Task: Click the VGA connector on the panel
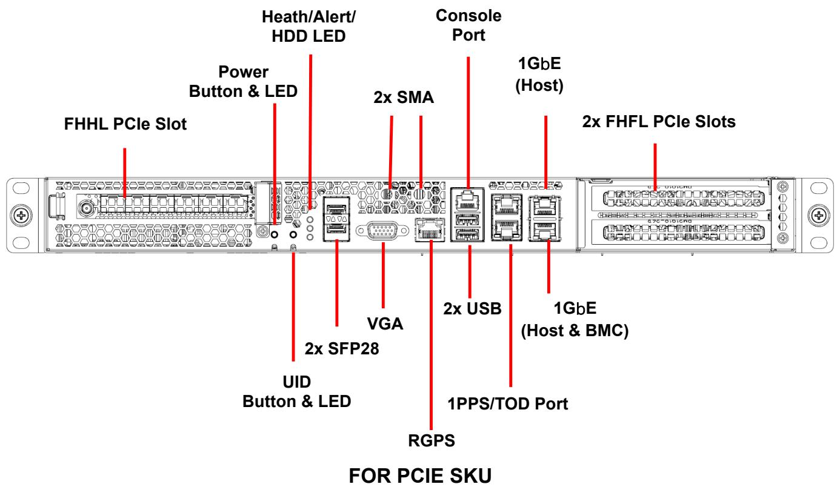[382, 231]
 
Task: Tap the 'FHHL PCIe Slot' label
[125, 124]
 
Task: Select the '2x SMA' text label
[404, 98]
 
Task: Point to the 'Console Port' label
[469, 25]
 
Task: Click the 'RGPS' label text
[431, 441]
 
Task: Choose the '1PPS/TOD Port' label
[507, 404]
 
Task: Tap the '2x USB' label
[472, 309]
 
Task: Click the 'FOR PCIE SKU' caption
[420, 476]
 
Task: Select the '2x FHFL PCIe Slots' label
[659, 122]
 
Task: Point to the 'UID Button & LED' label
[297, 392]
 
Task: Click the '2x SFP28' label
[341, 348]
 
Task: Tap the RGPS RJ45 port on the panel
[430, 229]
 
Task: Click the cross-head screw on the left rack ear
[21, 216]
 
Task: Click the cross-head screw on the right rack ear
[819, 216]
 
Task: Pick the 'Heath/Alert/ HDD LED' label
[308, 27]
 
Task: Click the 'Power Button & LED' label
[243, 81]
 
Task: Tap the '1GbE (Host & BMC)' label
[575, 319]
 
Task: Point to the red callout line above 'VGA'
[383, 275]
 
